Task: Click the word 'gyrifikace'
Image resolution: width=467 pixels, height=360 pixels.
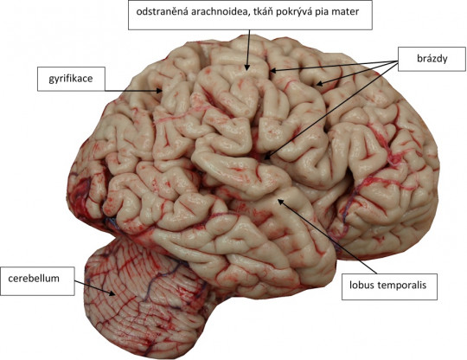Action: pos(71,79)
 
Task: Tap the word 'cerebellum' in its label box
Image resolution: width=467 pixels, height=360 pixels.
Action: pos(34,279)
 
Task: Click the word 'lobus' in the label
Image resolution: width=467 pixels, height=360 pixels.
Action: pos(361,285)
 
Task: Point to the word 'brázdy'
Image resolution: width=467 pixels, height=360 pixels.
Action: pos(432,58)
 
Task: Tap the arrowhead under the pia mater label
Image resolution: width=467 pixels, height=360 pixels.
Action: pos(246,67)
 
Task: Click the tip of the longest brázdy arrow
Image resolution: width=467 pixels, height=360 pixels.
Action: pos(265,159)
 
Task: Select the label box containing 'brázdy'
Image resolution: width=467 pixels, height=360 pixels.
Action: pos(432,59)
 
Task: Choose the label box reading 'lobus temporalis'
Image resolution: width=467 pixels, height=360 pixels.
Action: pos(389,286)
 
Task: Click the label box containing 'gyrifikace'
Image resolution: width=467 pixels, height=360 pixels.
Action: pos(71,79)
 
